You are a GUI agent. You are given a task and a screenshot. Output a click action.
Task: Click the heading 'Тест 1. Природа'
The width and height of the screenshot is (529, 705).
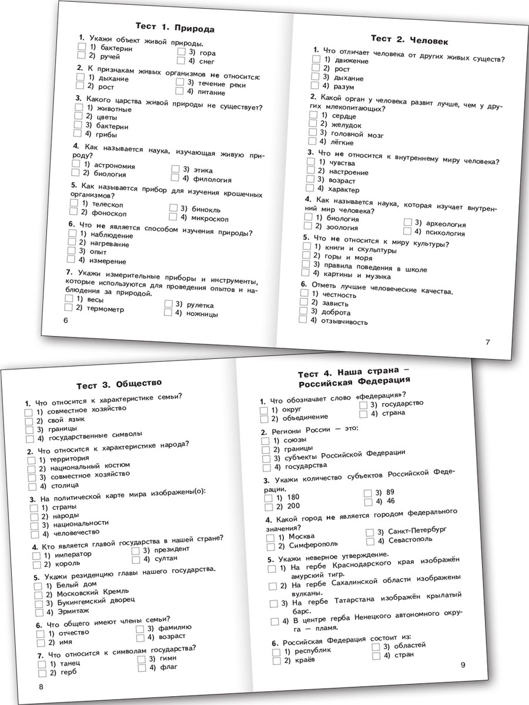175,28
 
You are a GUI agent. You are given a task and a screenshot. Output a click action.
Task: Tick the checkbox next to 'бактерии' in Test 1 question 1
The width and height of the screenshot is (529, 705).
82,46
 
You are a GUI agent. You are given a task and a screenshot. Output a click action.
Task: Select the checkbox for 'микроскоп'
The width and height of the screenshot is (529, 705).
173,217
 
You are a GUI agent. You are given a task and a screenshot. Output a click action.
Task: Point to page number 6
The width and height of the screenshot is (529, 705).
65,320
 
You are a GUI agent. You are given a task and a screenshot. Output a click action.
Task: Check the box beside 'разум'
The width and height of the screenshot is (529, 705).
314,86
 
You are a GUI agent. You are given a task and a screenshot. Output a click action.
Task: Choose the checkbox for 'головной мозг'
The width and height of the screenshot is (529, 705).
312,133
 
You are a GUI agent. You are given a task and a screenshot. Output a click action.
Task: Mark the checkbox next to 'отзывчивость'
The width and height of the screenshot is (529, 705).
303,320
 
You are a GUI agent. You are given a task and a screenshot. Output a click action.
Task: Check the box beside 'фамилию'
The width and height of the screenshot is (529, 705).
140,627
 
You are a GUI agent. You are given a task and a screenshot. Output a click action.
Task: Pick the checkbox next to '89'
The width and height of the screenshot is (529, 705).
367,492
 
